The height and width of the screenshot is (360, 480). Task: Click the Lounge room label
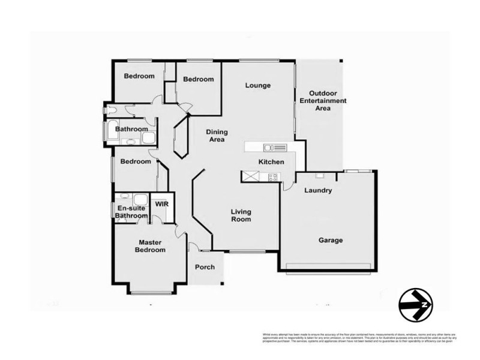click(x=258, y=85)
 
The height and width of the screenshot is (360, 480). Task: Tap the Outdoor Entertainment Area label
click(x=323, y=101)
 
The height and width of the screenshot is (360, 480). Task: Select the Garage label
click(x=330, y=240)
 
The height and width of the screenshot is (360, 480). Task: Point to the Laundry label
click(x=318, y=191)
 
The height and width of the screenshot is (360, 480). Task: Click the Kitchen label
click(x=271, y=162)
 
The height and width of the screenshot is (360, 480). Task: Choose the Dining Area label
click(x=216, y=136)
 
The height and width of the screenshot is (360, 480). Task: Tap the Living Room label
click(x=241, y=215)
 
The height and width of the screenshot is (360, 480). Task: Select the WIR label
click(x=161, y=204)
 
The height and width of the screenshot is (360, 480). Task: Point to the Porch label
click(x=205, y=267)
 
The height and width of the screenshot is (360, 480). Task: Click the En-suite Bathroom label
click(x=131, y=211)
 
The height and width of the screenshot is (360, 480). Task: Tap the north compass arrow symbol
click(x=416, y=305)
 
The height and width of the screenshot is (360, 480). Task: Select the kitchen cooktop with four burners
click(x=273, y=176)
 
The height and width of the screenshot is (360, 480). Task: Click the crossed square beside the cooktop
click(x=250, y=176)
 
